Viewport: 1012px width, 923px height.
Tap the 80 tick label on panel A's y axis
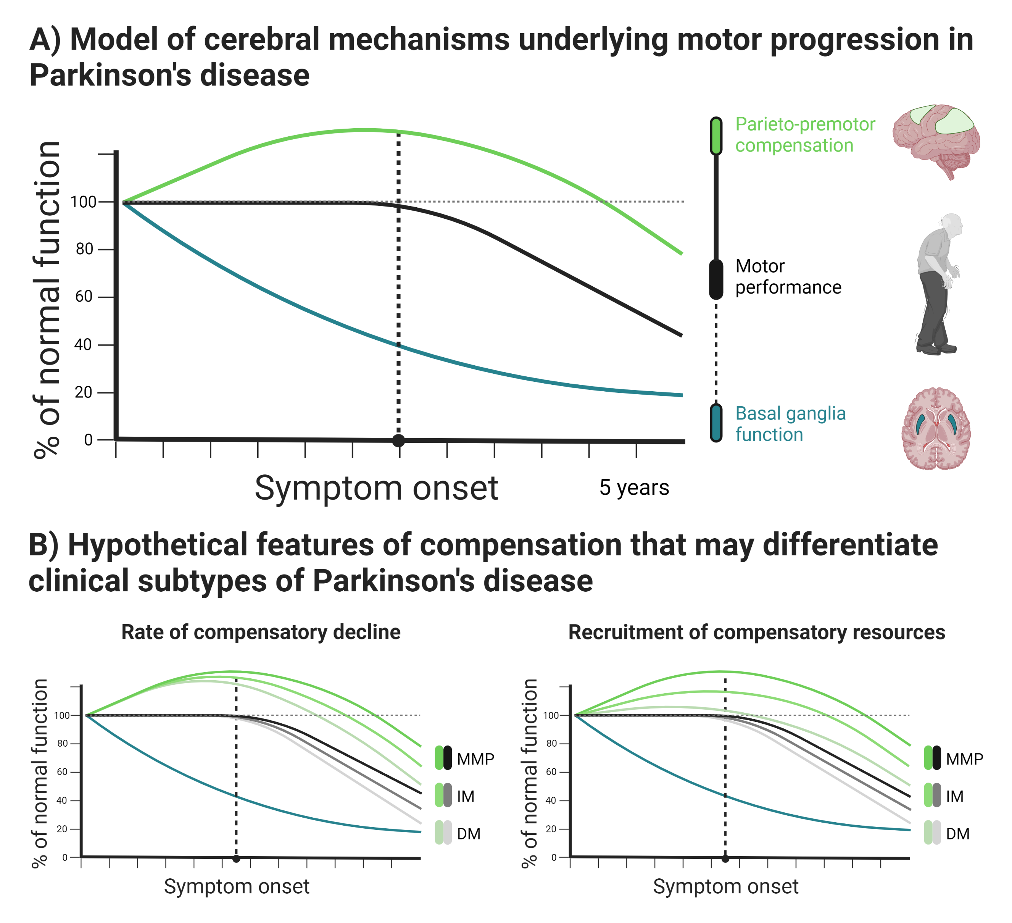point(84,249)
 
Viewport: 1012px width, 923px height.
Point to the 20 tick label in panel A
point(83,392)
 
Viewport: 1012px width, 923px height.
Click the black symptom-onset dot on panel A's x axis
point(398,441)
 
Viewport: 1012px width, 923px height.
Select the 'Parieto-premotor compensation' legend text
point(805,135)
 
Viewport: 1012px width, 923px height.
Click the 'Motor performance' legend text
point(788,277)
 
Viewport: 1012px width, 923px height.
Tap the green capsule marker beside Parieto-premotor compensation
point(716,136)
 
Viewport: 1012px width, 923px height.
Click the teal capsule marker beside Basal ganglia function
point(716,423)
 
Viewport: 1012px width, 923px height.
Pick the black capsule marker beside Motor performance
point(716,279)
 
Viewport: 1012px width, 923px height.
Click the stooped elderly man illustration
point(938,284)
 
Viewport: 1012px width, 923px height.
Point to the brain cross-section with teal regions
point(936,429)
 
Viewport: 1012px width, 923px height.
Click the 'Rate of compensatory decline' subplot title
point(261,632)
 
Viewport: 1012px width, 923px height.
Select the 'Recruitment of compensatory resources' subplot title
point(756,632)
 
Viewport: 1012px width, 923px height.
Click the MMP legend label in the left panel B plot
point(475,759)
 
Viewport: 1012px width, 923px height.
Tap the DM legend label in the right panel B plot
point(958,834)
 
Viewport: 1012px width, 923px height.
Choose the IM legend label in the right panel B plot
point(955,796)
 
